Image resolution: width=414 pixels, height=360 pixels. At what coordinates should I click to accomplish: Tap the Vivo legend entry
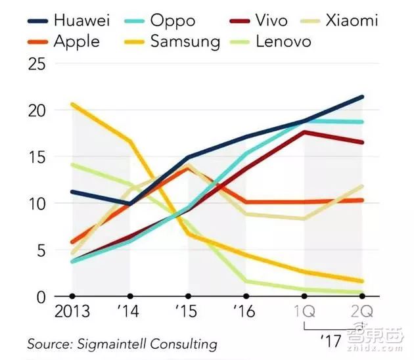(271, 20)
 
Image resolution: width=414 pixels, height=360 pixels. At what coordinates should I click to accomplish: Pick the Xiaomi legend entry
(351, 20)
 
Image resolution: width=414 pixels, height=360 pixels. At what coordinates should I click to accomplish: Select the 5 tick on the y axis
(41, 250)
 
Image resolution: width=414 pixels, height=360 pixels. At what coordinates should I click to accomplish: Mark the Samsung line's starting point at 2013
(72, 104)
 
